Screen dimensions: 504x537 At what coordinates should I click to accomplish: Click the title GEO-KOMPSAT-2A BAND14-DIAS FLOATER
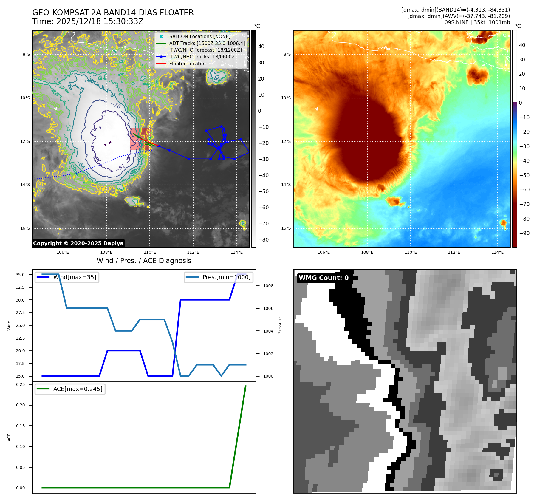(113, 13)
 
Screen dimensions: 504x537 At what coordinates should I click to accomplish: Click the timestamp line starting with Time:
(88, 21)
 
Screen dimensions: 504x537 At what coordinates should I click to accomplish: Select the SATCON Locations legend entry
(199, 36)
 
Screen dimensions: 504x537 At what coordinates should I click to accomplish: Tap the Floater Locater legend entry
(187, 64)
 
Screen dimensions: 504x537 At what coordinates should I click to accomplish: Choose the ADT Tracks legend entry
(207, 43)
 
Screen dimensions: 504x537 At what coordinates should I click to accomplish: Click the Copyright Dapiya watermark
(78, 243)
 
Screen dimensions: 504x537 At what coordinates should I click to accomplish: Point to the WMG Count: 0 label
(324, 278)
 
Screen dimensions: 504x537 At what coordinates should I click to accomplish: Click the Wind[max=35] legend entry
(75, 277)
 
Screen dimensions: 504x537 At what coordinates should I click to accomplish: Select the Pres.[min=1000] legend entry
(226, 277)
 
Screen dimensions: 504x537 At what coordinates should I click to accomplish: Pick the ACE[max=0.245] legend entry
(78, 389)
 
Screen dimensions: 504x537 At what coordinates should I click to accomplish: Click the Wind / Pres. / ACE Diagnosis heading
(144, 261)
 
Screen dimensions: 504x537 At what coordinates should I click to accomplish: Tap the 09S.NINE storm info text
(477, 22)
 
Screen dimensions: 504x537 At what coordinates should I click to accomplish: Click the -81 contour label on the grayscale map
(121, 168)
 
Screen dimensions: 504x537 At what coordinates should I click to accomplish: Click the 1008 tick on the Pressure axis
(268, 286)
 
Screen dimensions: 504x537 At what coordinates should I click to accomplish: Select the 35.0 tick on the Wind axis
(20, 275)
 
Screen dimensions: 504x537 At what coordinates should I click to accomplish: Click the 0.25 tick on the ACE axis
(20, 384)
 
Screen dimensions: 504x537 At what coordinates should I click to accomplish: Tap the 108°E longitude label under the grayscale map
(106, 252)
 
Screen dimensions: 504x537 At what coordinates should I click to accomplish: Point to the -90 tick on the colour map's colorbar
(524, 233)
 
